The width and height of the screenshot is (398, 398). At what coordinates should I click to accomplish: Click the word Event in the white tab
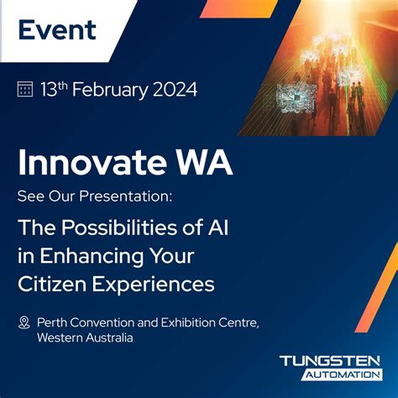(57, 30)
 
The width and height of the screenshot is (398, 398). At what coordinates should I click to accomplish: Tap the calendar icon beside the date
(25, 90)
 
